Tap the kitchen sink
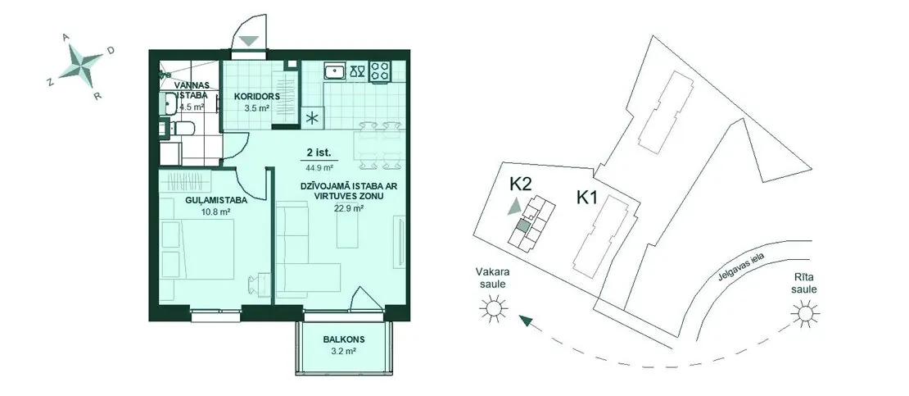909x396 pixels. [334, 71]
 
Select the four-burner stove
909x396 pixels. [380, 71]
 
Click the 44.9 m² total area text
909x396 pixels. [319, 168]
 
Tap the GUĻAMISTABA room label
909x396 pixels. [208, 201]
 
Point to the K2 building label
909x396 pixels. [521, 184]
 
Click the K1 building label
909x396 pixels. [586, 198]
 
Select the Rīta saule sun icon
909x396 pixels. [805, 313]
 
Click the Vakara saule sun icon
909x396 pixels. [493, 307]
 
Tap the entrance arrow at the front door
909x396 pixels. [249, 41]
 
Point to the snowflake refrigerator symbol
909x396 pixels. [313, 118]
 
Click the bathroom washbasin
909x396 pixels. [170, 104]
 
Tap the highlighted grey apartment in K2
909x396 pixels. [522, 226]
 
